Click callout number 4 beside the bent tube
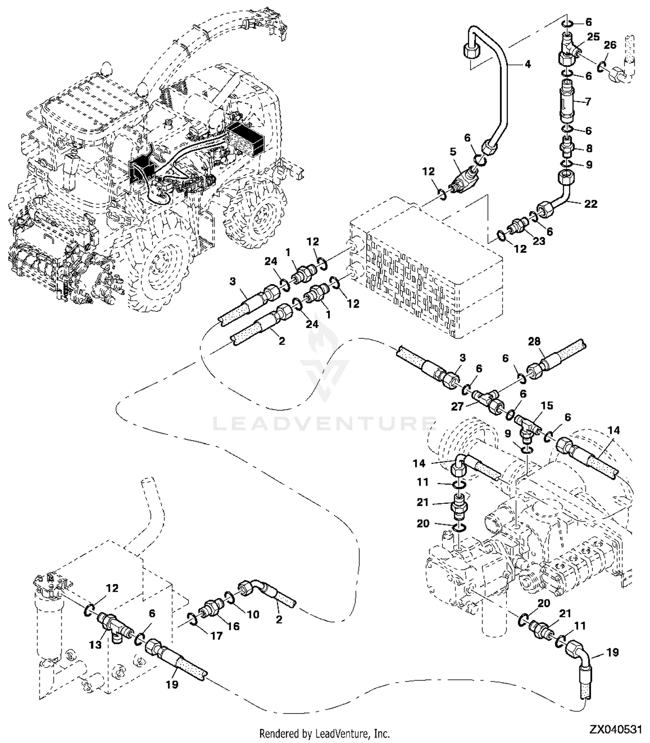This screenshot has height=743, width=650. (527, 64)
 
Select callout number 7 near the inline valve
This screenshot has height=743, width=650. (588, 102)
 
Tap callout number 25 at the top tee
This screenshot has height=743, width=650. (593, 37)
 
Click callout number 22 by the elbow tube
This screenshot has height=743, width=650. (591, 204)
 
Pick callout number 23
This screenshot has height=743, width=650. (539, 241)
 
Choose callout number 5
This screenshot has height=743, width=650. (453, 152)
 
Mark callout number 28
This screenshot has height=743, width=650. (534, 341)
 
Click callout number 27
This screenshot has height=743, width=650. (458, 406)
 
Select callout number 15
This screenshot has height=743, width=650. (547, 406)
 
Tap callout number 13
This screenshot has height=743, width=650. (95, 644)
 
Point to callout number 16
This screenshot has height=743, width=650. (233, 626)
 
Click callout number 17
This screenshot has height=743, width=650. (216, 636)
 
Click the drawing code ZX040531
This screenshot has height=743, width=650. (615, 730)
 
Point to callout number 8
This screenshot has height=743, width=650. (589, 148)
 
